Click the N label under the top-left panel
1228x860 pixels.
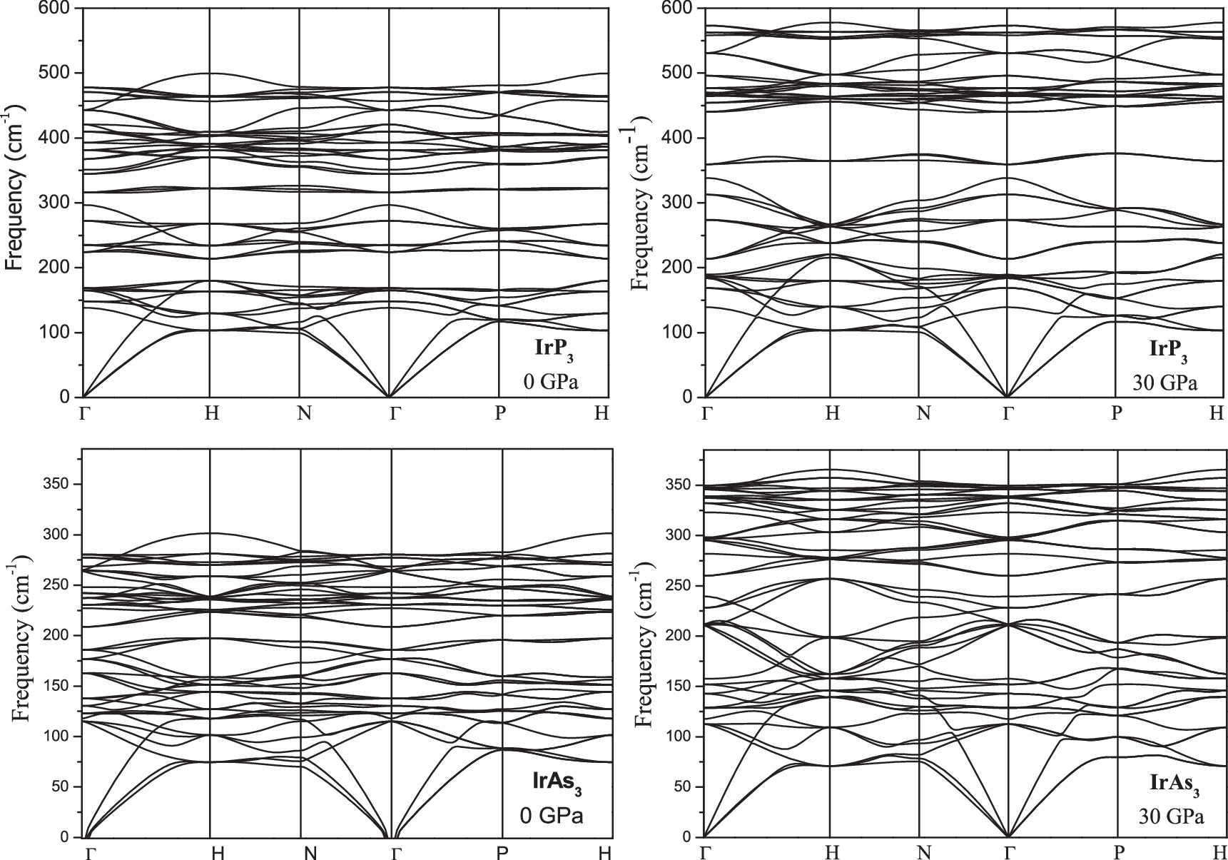coord(305,413)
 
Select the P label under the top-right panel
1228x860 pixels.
coord(1117,413)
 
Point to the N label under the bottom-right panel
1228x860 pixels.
coord(924,852)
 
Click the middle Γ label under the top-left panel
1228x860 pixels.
coord(393,413)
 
